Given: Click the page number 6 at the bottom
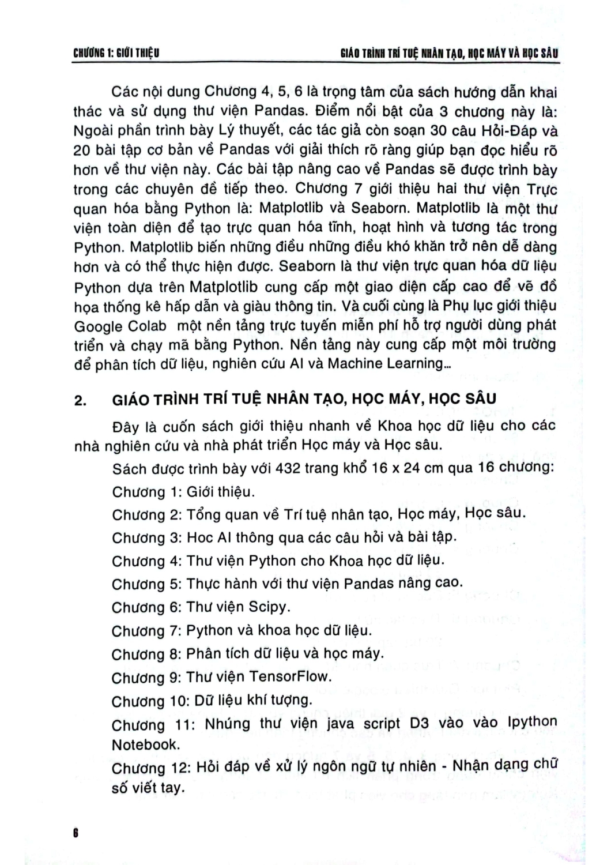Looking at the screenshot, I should pyautogui.click(x=76, y=833).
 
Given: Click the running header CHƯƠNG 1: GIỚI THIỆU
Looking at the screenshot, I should pyautogui.click(x=116, y=54).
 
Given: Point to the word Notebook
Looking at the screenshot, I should pyautogui.click(x=146, y=744).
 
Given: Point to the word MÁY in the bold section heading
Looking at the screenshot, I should pyautogui.click(x=397, y=399).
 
